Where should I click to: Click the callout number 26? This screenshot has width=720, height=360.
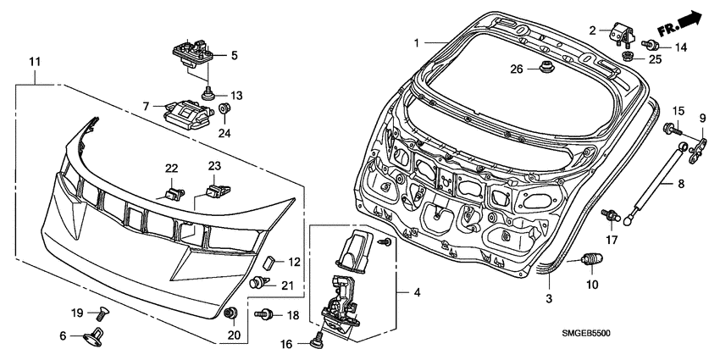[517, 69]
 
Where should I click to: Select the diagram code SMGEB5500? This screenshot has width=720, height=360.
[586, 334]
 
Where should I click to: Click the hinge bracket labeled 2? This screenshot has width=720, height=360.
[622, 35]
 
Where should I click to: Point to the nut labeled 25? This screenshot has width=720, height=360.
[627, 57]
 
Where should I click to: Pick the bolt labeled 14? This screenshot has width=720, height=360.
[651, 45]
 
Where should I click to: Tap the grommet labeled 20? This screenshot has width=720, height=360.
[230, 313]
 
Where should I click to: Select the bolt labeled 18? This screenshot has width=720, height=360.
[264, 314]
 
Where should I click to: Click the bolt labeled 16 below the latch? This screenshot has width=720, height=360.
[317, 341]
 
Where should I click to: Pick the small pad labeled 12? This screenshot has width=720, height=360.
[269, 263]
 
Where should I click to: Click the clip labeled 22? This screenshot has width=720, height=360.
[174, 194]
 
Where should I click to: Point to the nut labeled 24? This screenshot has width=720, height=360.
[224, 109]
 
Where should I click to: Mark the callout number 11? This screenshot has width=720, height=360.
[36, 62]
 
